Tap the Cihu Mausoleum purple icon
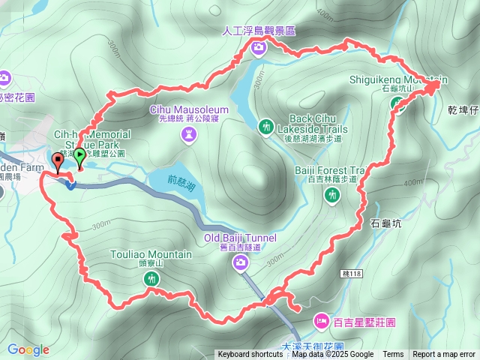(x=188, y=134)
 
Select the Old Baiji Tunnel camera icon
(x=240, y=262)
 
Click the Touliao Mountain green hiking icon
(x=151, y=279)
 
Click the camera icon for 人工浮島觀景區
(x=259, y=48)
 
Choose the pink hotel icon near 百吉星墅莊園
(x=321, y=322)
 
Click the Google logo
(x=28, y=349)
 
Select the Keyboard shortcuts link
(x=250, y=355)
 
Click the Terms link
(x=393, y=355)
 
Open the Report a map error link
(x=444, y=355)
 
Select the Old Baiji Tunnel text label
(x=240, y=238)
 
